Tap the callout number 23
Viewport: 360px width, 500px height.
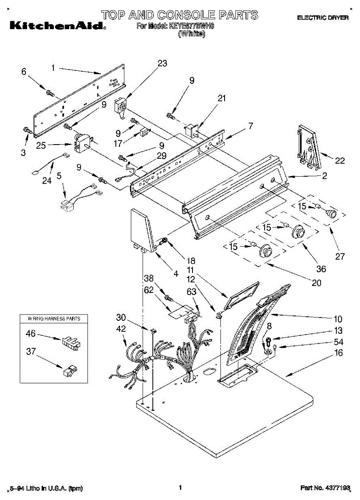162,63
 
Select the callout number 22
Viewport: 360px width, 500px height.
340,160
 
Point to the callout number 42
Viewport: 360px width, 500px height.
121,329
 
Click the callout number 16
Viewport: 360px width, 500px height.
338,353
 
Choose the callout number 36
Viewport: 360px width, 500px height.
321,269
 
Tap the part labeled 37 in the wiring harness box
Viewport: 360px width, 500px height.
69,370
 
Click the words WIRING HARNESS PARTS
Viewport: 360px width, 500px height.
54,319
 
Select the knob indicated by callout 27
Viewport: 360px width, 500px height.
331,214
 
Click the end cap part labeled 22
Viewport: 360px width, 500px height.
308,148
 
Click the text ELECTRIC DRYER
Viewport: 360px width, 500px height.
322,18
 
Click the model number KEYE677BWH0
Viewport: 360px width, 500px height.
191,26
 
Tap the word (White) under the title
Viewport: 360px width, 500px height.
191,34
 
